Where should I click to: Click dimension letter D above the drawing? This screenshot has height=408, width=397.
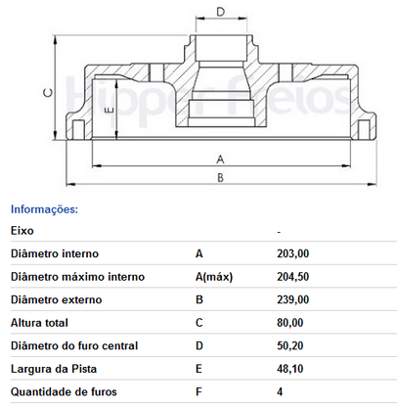[x=221, y=12]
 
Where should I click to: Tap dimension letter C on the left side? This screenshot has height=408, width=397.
[x=48, y=93]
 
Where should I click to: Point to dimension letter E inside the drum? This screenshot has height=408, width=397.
[x=110, y=110]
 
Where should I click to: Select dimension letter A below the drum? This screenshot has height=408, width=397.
[x=220, y=159]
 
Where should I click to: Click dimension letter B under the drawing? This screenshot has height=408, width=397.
[x=220, y=178]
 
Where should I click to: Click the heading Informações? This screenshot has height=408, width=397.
[x=44, y=209]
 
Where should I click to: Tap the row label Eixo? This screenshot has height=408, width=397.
[x=22, y=231]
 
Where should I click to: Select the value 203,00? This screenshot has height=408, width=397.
[x=293, y=253]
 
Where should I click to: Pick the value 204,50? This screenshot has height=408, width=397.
[x=293, y=277]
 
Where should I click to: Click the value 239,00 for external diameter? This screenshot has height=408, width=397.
[x=293, y=299]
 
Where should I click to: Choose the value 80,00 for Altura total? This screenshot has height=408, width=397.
[x=290, y=323]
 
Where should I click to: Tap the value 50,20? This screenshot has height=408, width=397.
[x=290, y=345]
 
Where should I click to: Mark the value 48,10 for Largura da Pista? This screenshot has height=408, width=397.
[x=290, y=369]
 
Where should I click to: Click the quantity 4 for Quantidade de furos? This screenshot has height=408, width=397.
[x=280, y=391]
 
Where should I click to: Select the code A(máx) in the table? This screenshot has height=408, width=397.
[x=214, y=277]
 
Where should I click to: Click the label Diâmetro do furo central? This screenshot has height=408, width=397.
[x=74, y=345]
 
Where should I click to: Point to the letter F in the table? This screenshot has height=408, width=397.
[x=198, y=391]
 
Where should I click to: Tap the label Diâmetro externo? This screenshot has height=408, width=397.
[x=57, y=299]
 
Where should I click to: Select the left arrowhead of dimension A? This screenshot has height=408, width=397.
[x=97, y=166]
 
